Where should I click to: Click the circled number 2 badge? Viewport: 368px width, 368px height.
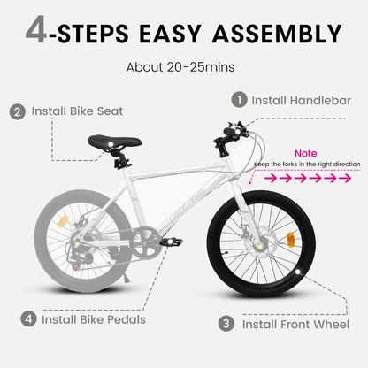17,112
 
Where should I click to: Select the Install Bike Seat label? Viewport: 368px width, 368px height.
77,112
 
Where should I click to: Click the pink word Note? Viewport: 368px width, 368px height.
307,153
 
